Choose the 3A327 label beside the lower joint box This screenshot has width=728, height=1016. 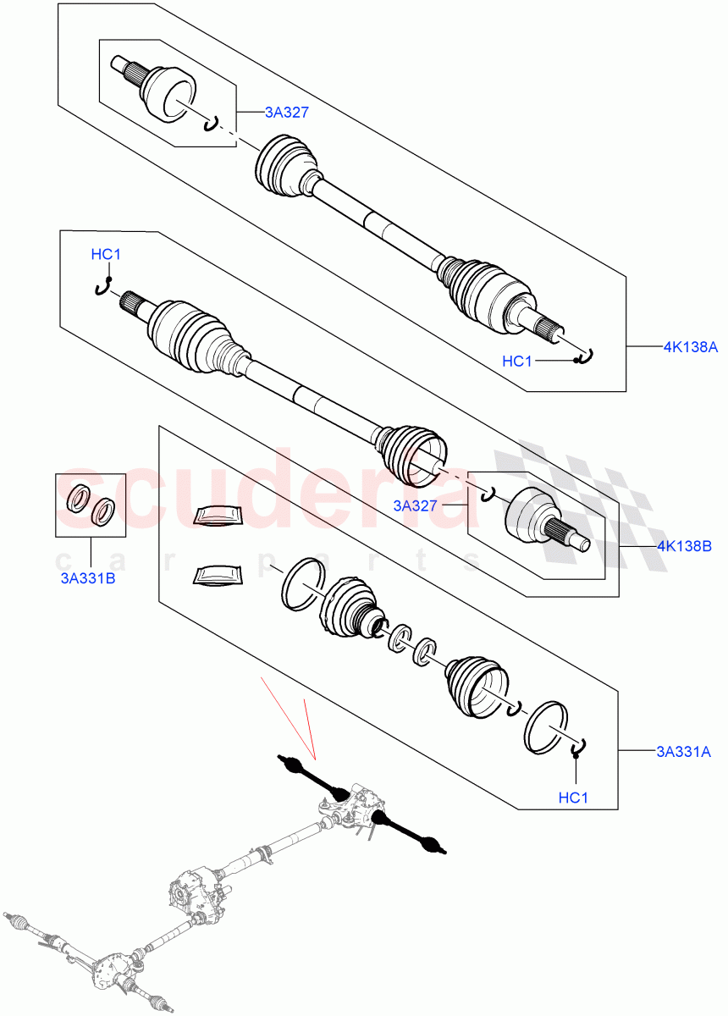click(x=414, y=506)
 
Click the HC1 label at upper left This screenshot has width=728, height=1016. click(x=106, y=254)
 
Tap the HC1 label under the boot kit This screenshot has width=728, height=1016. click(x=574, y=798)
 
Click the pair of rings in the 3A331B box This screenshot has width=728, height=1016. click(x=91, y=504)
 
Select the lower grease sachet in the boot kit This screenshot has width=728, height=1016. click(x=217, y=575)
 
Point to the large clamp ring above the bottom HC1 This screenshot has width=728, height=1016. click(x=547, y=726)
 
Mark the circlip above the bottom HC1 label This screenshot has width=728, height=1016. click(x=579, y=748)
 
